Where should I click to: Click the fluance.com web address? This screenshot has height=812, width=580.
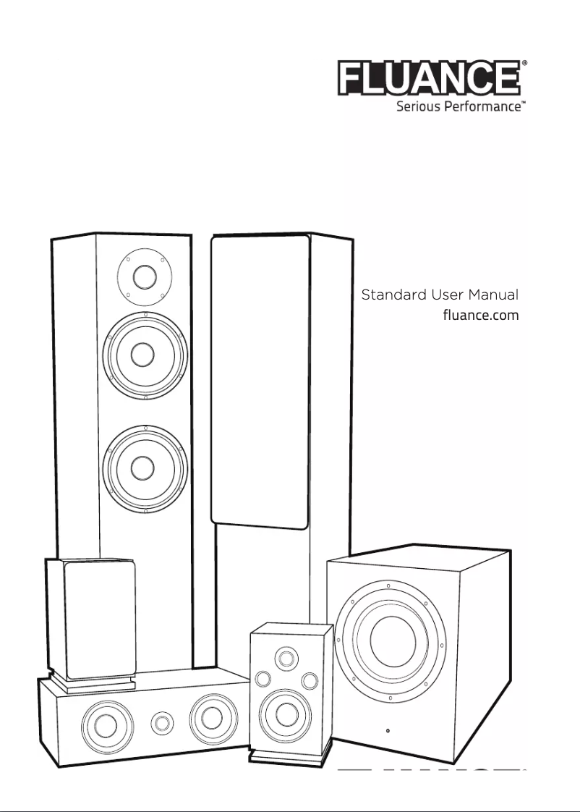[480, 316]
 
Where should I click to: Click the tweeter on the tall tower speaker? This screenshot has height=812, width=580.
[144, 277]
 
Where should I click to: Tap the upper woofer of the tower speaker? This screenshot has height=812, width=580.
[145, 355]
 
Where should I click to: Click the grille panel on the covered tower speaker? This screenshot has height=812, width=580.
[260, 380]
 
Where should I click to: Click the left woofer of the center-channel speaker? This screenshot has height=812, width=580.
[106, 722]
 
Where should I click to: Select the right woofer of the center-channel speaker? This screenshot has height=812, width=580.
[212, 717]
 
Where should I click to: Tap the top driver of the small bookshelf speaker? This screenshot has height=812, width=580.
[286, 658]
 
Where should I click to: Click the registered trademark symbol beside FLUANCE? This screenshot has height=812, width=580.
[524, 64]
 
